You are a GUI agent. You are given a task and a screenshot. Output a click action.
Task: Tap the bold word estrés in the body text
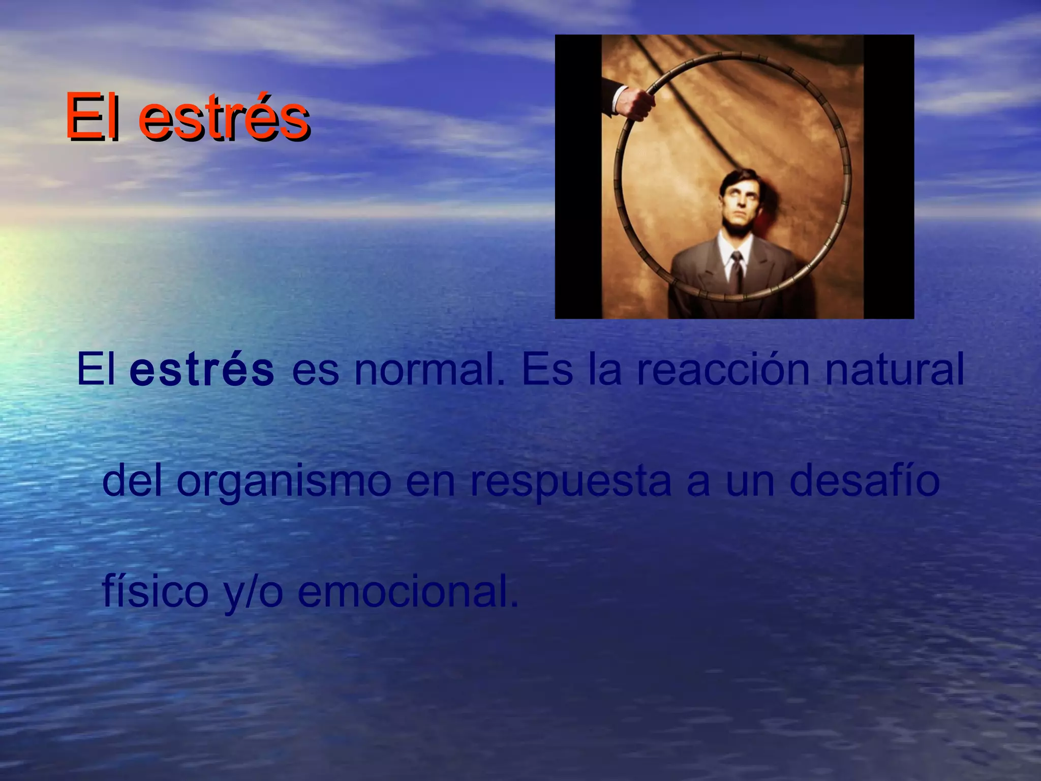point(202,370)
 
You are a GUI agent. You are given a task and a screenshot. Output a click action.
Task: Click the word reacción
point(723,370)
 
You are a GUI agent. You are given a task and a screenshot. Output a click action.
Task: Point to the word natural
point(894,370)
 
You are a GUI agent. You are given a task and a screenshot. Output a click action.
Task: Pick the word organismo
point(284,482)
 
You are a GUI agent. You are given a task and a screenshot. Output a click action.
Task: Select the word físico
point(155,592)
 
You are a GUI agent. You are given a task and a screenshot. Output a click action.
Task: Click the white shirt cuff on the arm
point(619,99)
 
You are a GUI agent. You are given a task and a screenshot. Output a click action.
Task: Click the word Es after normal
point(547,370)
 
